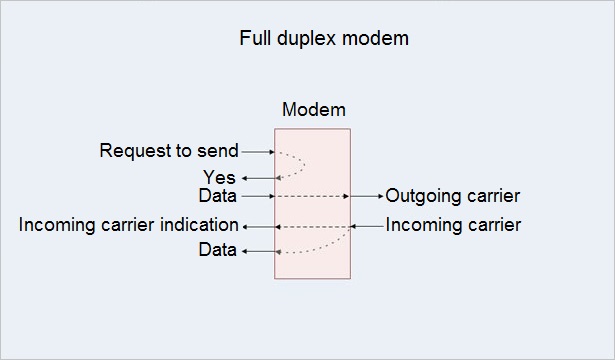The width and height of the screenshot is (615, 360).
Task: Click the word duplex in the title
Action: tap(305, 40)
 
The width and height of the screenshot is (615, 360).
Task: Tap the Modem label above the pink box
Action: tap(313, 110)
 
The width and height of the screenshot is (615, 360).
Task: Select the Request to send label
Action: tap(169, 152)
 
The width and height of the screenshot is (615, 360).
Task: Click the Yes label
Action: tap(219, 178)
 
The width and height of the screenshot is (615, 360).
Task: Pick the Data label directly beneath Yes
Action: tap(218, 196)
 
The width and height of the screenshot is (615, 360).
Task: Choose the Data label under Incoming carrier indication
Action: tap(218, 250)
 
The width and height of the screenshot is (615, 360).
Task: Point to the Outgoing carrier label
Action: tap(453, 196)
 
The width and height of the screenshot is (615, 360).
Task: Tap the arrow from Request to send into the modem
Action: tap(258, 152)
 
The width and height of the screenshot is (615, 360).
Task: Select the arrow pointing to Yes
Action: tap(258, 178)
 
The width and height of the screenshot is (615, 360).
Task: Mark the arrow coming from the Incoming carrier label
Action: tap(367, 225)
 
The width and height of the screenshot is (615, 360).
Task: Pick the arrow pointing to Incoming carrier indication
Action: tap(258, 226)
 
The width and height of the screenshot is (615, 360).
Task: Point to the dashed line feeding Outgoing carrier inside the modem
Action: tap(312, 196)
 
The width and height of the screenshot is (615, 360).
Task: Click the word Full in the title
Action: tap(255, 40)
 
